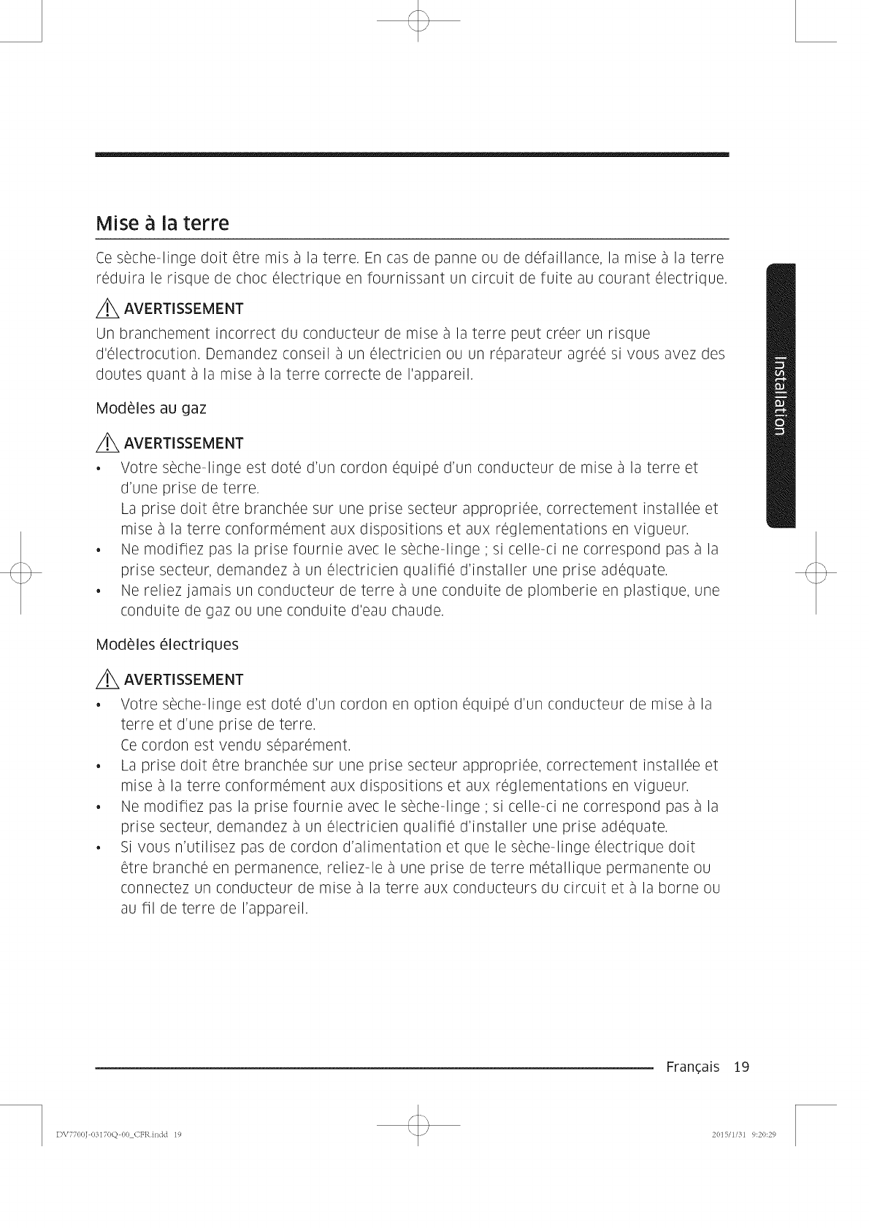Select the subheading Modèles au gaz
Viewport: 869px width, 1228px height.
click(x=151, y=408)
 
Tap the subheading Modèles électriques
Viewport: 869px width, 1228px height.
click(x=167, y=645)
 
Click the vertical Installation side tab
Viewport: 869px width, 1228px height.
click(x=779, y=394)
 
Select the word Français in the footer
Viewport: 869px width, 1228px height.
click(x=692, y=1067)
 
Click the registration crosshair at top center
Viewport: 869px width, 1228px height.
click(x=418, y=23)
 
